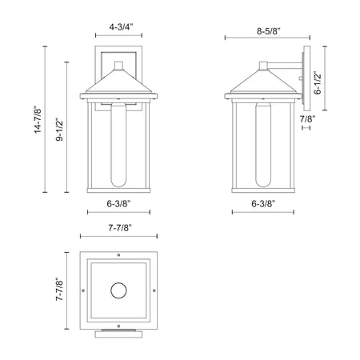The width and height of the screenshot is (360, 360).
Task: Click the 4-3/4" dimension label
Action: (x=121, y=27)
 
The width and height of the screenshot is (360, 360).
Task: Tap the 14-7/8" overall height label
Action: (x=38, y=119)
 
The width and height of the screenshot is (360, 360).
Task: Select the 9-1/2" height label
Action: (x=59, y=129)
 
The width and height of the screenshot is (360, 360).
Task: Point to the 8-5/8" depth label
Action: (x=269, y=31)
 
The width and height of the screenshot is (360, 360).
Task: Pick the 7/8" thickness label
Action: (x=307, y=119)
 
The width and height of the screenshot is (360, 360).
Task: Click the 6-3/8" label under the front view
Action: (x=118, y=204)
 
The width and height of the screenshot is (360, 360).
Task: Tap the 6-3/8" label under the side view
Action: (x=263, y=204)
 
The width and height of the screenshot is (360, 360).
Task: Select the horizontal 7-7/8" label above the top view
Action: (x=120, y=228)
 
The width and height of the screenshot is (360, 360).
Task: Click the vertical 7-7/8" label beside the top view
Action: (x=59, y=290)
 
